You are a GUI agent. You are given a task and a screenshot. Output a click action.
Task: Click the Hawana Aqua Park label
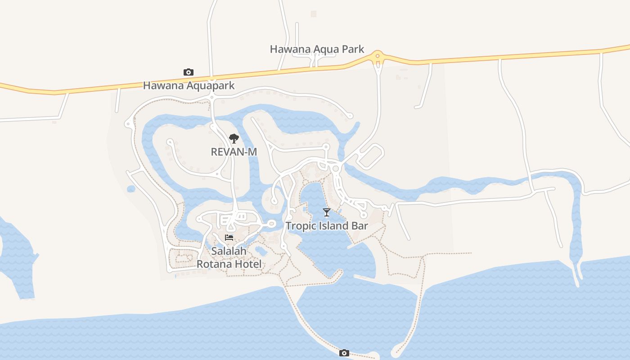click(x=317, y=49)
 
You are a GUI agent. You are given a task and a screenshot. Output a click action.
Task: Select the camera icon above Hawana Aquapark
click(x=189, y=72)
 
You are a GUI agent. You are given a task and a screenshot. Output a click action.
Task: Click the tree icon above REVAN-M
click(x=234, y=138)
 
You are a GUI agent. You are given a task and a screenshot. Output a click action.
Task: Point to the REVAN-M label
click(x=234, y=152)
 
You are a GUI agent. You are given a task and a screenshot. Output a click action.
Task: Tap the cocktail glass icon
click(x=327, y=212)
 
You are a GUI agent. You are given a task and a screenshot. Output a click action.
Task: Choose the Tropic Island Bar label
click(x=327, y=226)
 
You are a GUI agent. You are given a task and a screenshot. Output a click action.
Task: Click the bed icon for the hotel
click(x=229, y=238)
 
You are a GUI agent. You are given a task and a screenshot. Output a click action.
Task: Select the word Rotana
click(x=213, y=264)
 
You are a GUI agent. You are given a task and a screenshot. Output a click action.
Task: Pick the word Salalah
click(x=229, y=251)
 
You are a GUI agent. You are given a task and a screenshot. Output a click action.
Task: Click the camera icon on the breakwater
click(x=344, y=353)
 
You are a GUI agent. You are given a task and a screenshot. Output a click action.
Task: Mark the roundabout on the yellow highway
click(x=378, y=56)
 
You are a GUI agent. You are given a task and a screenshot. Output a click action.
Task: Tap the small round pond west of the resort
click(x=131, y=189)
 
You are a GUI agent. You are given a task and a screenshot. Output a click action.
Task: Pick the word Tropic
click(x=301, y=226)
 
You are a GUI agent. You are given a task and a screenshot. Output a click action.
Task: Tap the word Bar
click(x=360, y=226)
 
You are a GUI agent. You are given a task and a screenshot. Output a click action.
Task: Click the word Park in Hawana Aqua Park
click(x=352, y=49)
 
